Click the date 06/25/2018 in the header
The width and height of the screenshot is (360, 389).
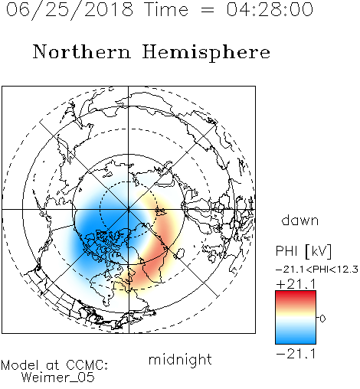coord(70,9)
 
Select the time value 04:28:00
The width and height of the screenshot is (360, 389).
coord(270,9)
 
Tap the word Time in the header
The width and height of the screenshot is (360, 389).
coord(166,9)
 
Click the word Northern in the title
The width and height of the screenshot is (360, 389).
coord(82,51)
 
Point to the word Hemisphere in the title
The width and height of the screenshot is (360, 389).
coord(206,53)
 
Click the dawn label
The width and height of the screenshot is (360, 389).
coord(300,220)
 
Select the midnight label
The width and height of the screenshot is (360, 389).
coord(180,359)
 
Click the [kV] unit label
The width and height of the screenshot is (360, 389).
coord(319,251)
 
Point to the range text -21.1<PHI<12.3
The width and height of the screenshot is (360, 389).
coord(317,270)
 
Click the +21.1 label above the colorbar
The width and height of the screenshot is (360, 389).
coord(296,284)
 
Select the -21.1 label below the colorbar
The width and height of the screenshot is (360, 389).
coord(296,354)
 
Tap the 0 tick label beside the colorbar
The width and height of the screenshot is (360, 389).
coord(322,319)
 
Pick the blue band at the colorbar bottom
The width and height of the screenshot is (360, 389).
coord(296,338)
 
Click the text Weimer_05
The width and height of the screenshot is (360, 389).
coord(58,378)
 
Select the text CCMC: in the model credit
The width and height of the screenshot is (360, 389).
coord(87,365)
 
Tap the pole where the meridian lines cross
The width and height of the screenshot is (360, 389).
coord(129,209)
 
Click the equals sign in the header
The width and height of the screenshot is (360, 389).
coord(208,10)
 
